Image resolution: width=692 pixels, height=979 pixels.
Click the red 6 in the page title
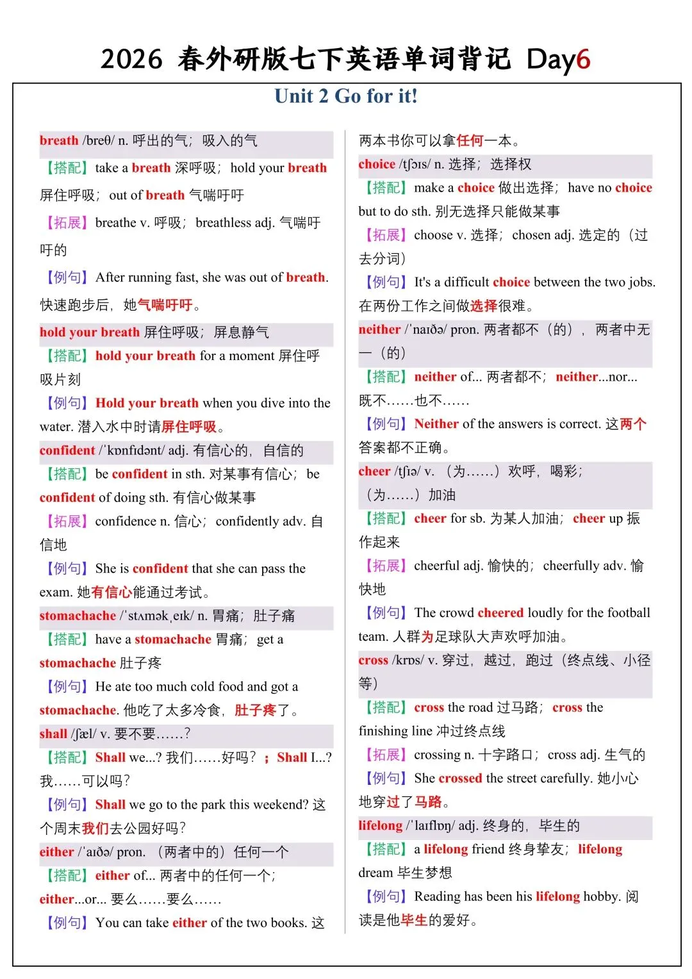583,60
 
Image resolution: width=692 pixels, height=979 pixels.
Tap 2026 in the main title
131,60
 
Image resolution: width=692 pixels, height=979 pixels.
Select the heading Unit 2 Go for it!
346,96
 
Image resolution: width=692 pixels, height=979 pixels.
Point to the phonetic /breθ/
98,140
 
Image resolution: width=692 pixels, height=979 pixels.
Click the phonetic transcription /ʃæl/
83,734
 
